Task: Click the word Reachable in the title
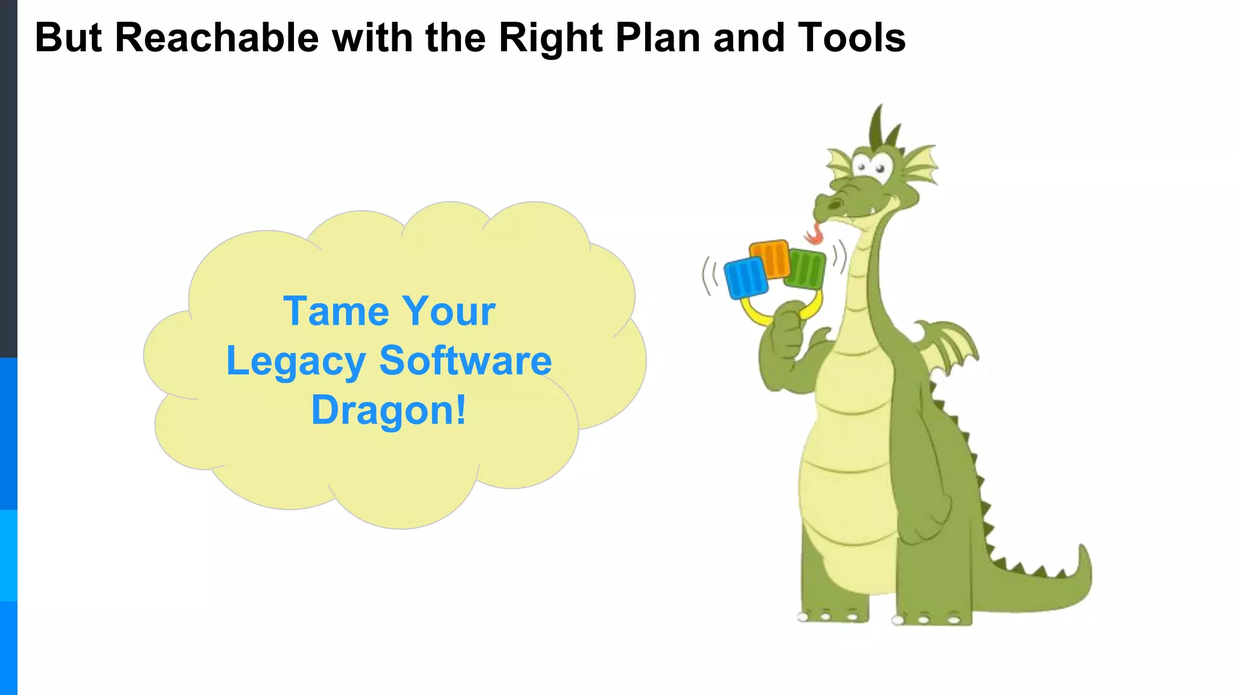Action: pyautogui.click(x=216, y=37)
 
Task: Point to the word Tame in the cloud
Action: pyautogui.click(x=336, y=311)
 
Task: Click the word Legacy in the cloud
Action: pyautogui.click(x=296, y=361)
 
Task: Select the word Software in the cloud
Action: pyautogui.click(x=465, y=360)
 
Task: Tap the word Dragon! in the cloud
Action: pyautogui.click(x=389, y=410)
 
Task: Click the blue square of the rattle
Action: pyautogui.click(x=746, y=278)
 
